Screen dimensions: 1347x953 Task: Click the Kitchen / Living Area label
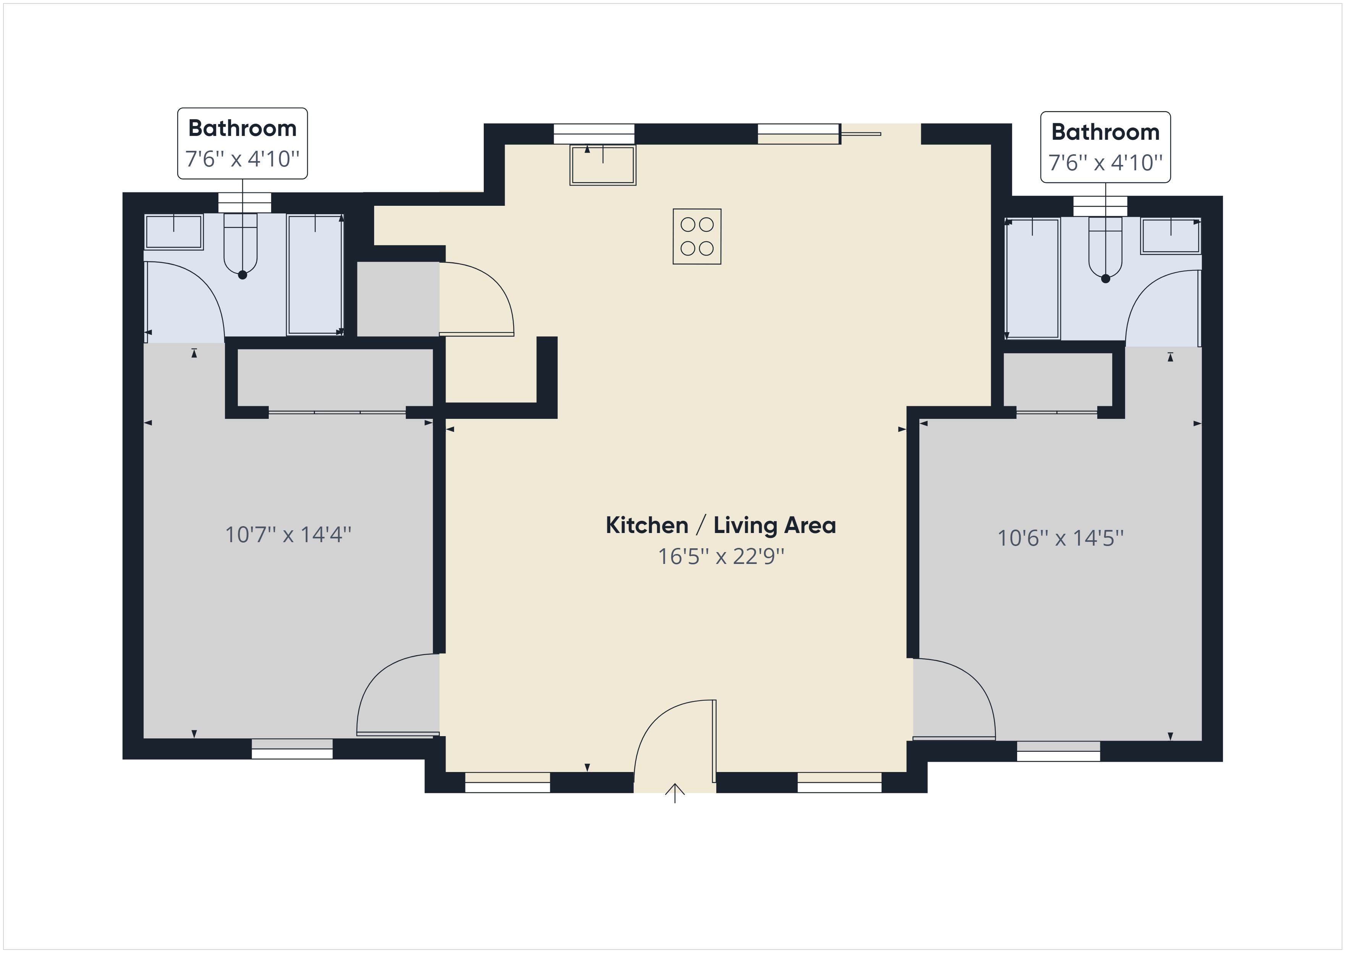click(x=720, y=525)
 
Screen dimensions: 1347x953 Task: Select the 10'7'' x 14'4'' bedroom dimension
click(x=288, y=535)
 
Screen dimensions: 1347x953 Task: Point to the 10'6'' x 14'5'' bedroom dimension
click(x=1060, y=538)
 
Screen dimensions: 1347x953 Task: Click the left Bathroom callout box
click(x=242, y=143)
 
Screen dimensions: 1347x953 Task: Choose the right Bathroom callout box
click(x=1105, y=147)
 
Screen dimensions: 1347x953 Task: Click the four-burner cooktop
click(x=697, y=236)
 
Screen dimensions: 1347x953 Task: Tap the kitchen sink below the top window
click(x=602, y=165)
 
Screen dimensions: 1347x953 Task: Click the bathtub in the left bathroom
click(x=315, y=275)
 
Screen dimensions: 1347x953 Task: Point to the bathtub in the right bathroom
click(x=1032, y=279)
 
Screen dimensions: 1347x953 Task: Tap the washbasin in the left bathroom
click(x=174, y=232)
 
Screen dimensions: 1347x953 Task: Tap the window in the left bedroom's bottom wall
click(x=292, y=749)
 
